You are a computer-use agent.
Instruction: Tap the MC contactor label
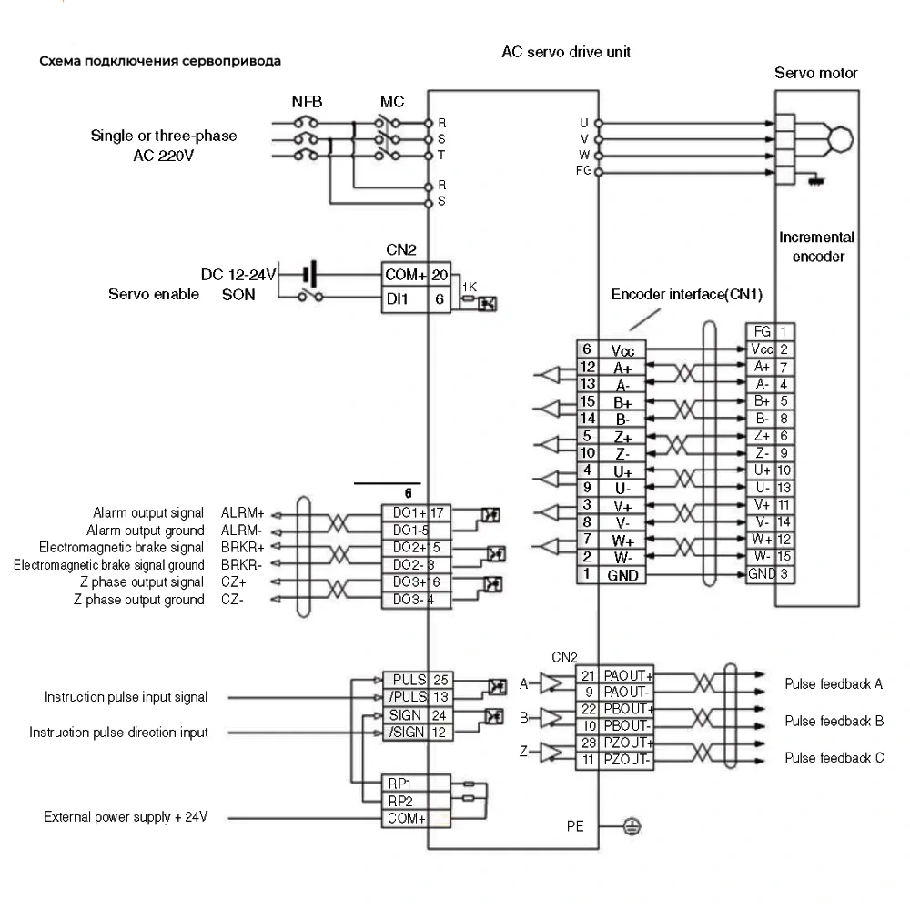pyautogui.click(x=392, y=101)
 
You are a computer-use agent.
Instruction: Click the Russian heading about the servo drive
pyautogui.click(x=160, y=62)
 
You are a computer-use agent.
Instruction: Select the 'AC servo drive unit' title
pyautogui.click(x=566, y=53)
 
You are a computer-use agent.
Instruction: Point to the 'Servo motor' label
pyautogui.click(x=815, y=73)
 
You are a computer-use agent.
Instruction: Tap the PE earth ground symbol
pyautogui.click(x=629, y=826)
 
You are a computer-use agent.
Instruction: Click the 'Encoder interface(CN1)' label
pyautogui.click(x=687, y=295)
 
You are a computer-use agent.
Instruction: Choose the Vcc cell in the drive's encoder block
pyautogui.click(x=622, y=350)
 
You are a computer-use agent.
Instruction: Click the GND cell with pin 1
pyautogui.click(x=622, y=575)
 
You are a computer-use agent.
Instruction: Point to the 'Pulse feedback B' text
pyautogui.click(x=834, y=721)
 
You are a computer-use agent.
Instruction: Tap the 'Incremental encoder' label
pyautogui.click(x=817, y=247)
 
